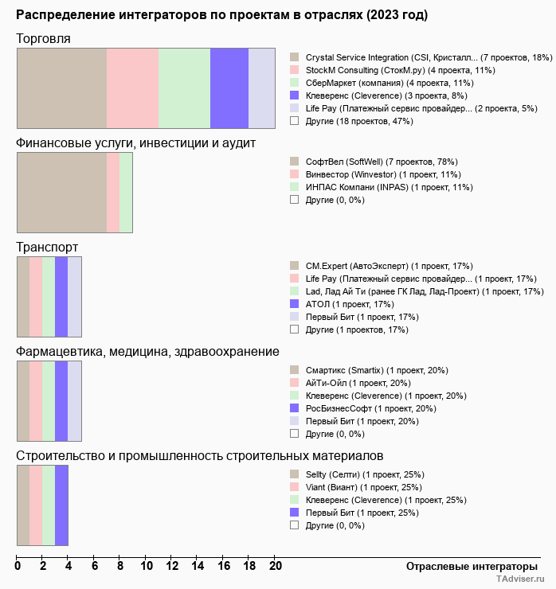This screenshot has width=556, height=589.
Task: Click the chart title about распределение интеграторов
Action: (221, 15)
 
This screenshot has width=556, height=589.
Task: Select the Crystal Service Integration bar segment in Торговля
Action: (61, 88)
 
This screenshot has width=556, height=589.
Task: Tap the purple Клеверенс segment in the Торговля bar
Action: (229, 88)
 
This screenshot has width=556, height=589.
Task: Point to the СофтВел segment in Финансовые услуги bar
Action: (61, 193)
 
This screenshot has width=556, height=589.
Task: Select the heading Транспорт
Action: (47, 248)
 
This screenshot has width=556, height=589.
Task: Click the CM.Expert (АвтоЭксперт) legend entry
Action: (389, 266)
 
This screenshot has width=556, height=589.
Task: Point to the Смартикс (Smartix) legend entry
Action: (376, 370)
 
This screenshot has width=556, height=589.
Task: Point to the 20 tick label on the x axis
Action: (275, 567)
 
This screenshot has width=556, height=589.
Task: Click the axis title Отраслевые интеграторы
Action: (467, 566)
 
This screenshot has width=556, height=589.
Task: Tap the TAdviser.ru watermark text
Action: (520, 579)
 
